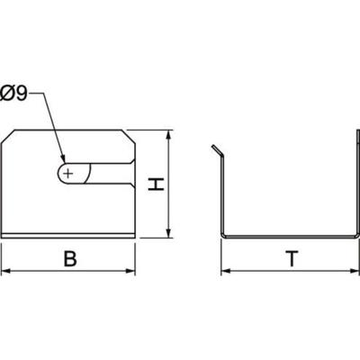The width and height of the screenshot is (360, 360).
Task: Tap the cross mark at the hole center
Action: [68, 170]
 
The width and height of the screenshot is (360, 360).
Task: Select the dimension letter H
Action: [156, 185]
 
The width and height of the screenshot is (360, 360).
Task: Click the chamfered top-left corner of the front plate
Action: [11, 136]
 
